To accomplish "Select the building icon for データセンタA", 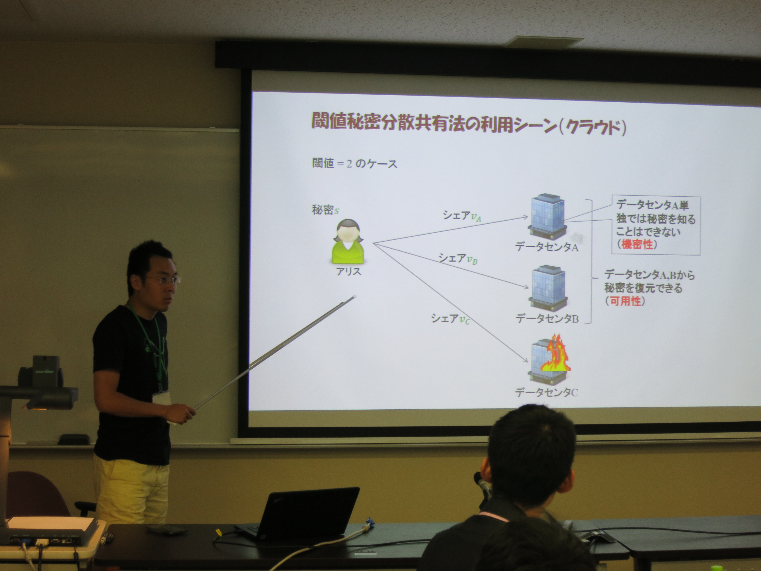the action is (x=547, y=217).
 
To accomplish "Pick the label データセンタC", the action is (x=546, y=392).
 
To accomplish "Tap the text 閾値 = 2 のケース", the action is (x=355, y=163).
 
